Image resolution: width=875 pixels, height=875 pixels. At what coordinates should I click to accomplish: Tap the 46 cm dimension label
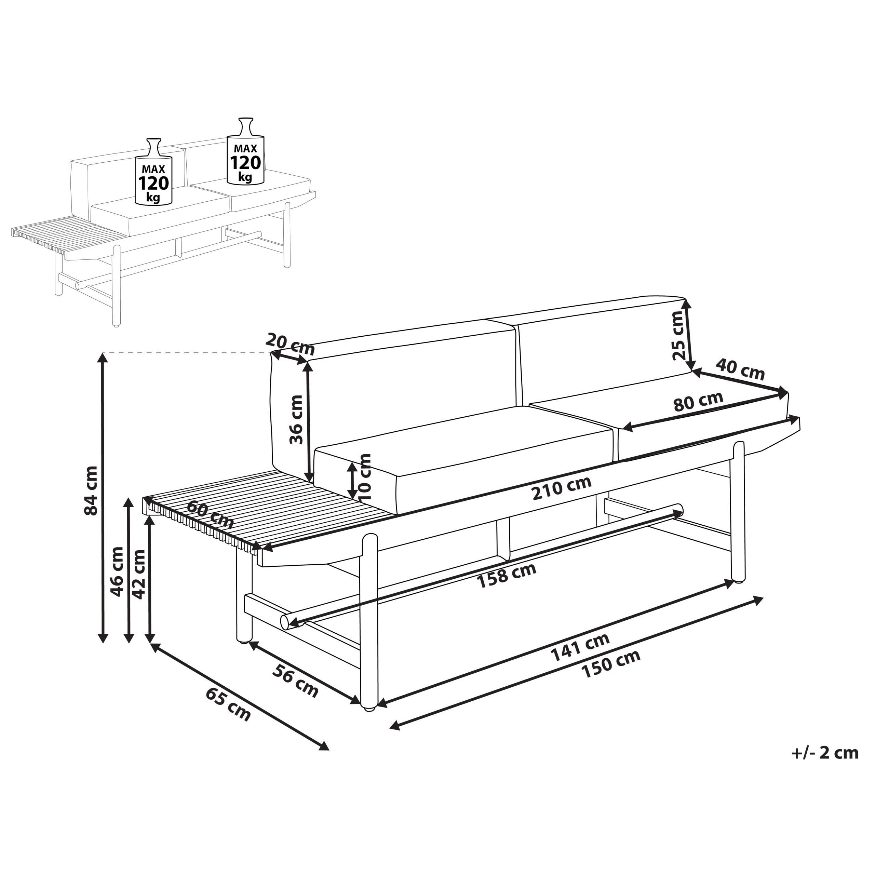coord(117,571)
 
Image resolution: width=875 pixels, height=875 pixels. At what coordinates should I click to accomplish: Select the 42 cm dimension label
coord(139,574)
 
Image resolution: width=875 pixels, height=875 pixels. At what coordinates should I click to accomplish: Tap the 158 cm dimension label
coord(507,576)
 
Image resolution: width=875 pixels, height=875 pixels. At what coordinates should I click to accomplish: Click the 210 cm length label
coord(562,488)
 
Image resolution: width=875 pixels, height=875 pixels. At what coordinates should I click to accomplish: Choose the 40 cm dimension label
coord(740,369)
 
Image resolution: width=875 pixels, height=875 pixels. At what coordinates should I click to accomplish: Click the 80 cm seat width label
coord(698,401)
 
